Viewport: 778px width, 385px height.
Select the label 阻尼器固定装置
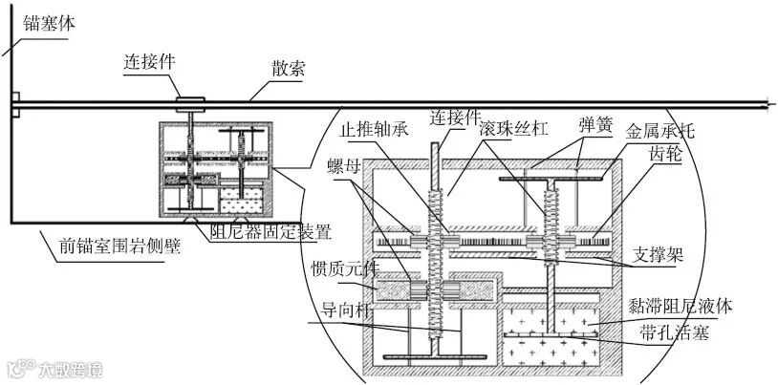(270, 230)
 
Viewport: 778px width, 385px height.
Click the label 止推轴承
(376, 127)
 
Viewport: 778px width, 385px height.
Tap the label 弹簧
(594, 125)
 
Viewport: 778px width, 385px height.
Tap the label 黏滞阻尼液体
(681, 307)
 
